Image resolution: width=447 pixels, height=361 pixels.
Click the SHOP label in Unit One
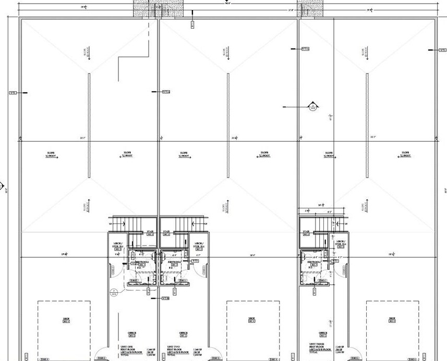(66, 319)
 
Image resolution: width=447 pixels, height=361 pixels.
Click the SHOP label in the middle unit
(252, 319)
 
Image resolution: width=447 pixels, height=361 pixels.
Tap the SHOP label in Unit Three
(392, 319)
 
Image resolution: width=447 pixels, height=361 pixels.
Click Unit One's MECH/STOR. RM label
(118, 244)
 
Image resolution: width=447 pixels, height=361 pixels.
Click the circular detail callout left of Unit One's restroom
(112, 292)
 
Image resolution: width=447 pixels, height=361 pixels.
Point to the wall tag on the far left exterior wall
(13, 93)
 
